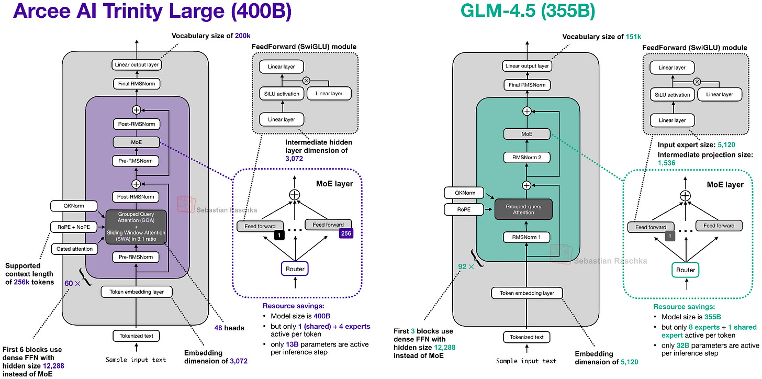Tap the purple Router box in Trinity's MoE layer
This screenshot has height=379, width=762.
pyautogui.click(x=295, y=269)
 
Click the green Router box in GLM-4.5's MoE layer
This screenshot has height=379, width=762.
pyautogui.click(x=685, y=270)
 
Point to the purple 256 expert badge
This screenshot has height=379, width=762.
pyautogui.click(x=346, y=234)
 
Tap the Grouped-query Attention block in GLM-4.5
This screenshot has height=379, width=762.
pyautogui.click(x=527, y=209)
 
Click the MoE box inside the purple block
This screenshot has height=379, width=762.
pyautogui.click(x=136, y=142)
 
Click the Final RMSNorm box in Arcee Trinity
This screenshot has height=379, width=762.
pyautogui.click(x=136, y=83)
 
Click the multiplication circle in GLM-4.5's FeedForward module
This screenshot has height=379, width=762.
pyautogui.click(x=697, y=82)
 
